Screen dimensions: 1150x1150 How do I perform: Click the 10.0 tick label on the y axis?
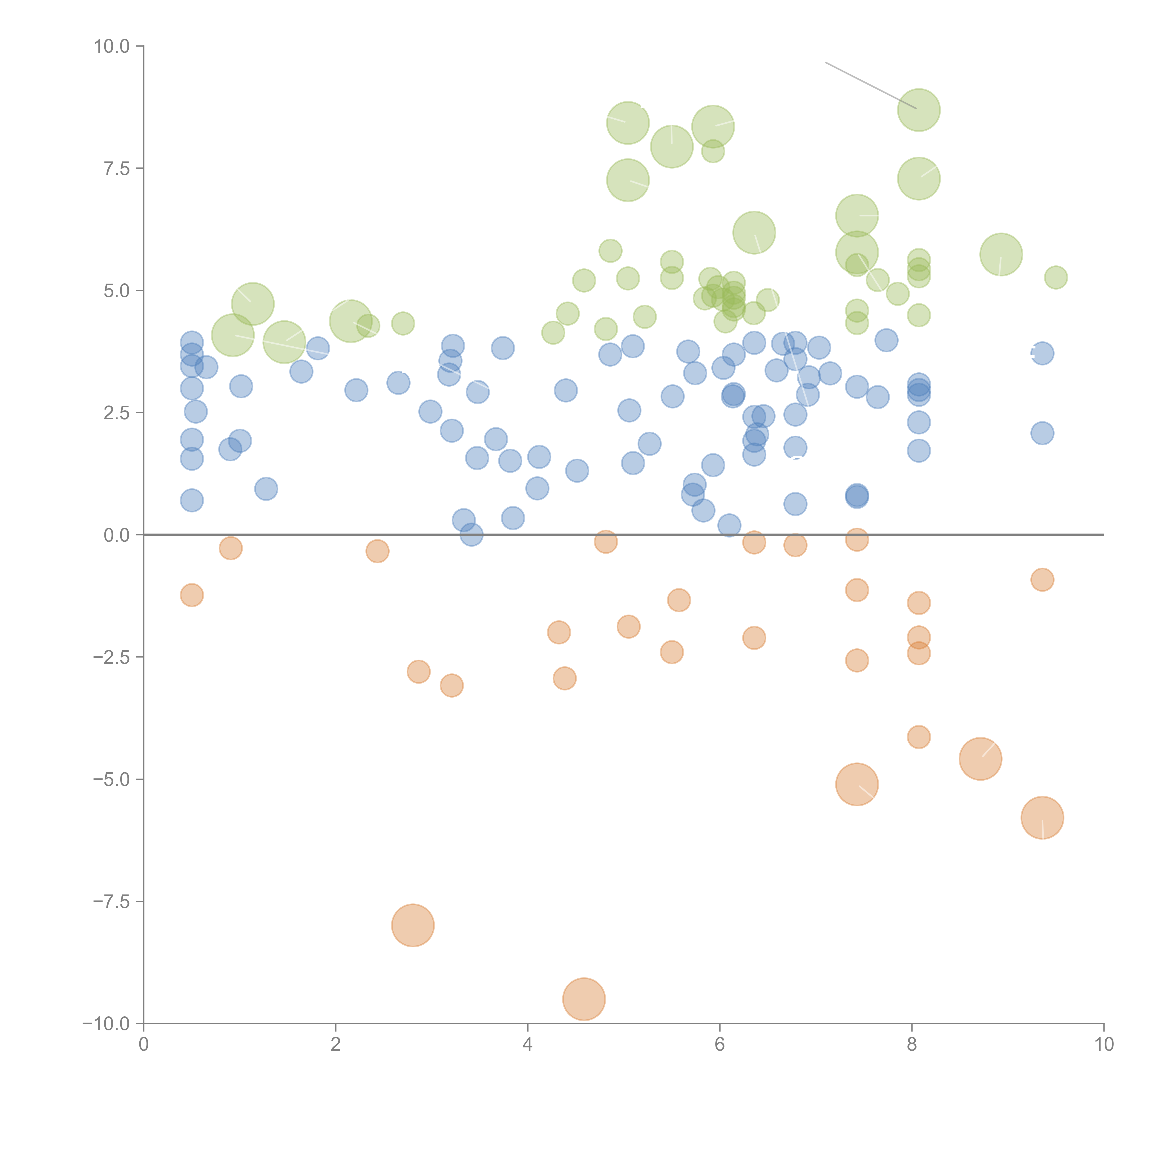point(111,46)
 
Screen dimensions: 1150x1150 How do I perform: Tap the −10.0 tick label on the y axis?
point(106,1024)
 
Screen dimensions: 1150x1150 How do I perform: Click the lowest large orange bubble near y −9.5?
point(584,999)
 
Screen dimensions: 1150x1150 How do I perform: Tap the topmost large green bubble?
point(918,110)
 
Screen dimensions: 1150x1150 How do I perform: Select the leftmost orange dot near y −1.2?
point(192,595)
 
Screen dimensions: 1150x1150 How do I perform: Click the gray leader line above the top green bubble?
point(869,84)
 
